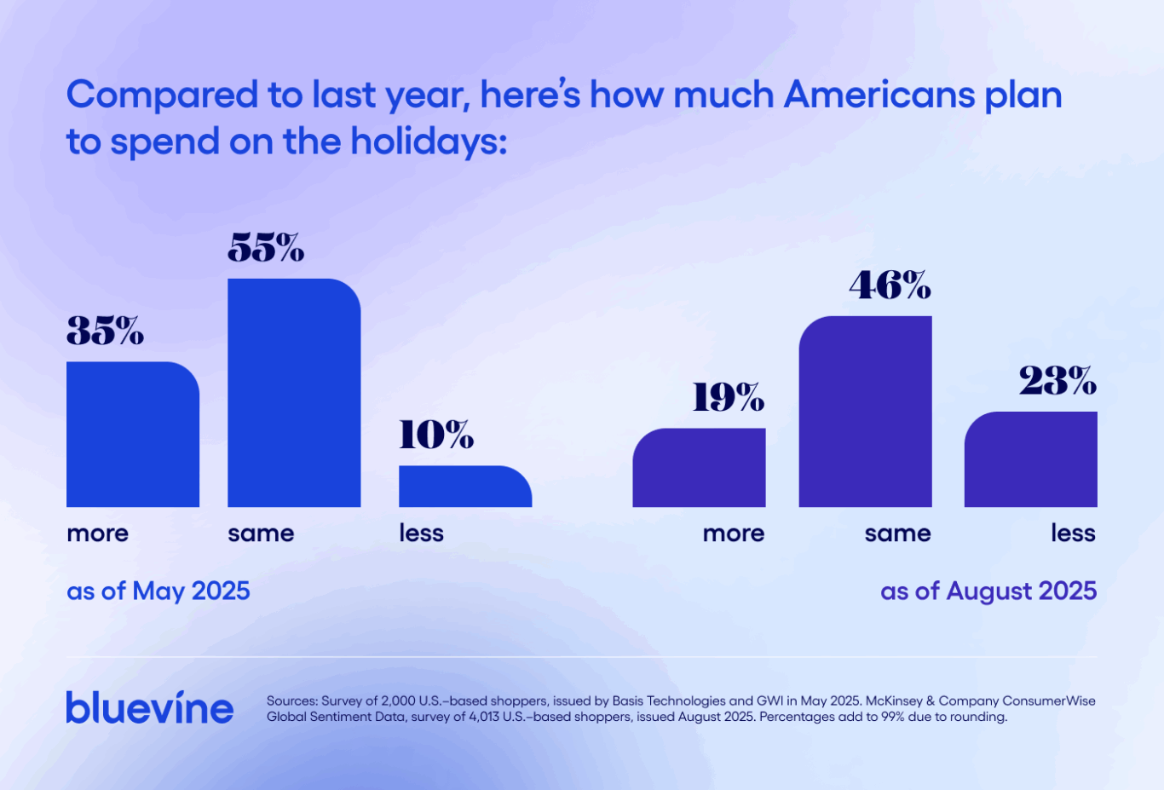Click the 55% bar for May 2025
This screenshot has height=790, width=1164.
(294, 393)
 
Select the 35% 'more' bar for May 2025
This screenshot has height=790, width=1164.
(133, 435)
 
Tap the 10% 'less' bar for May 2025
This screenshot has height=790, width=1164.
(465, 487)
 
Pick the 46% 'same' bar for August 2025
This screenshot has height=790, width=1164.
(865, 412)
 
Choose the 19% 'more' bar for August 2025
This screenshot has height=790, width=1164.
(699, 468)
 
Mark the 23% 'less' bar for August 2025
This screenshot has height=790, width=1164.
(1030, 459)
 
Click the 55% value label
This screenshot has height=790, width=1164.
(266, 248)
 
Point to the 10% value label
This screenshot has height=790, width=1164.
(436, 435)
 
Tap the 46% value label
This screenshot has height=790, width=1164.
(890, 285)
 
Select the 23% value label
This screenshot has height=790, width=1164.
(1057, 381)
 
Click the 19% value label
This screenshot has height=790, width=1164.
(728, 397)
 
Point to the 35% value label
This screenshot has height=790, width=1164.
(105, 331)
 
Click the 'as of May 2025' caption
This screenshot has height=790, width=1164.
(158, 591)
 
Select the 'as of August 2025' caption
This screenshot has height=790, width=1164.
(988, 591)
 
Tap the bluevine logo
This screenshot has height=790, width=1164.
(150, 708)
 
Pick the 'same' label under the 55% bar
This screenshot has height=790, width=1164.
(261, 533)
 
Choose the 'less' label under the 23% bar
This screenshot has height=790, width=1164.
(1073, 533)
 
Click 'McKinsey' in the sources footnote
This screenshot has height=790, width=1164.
(894, 701)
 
